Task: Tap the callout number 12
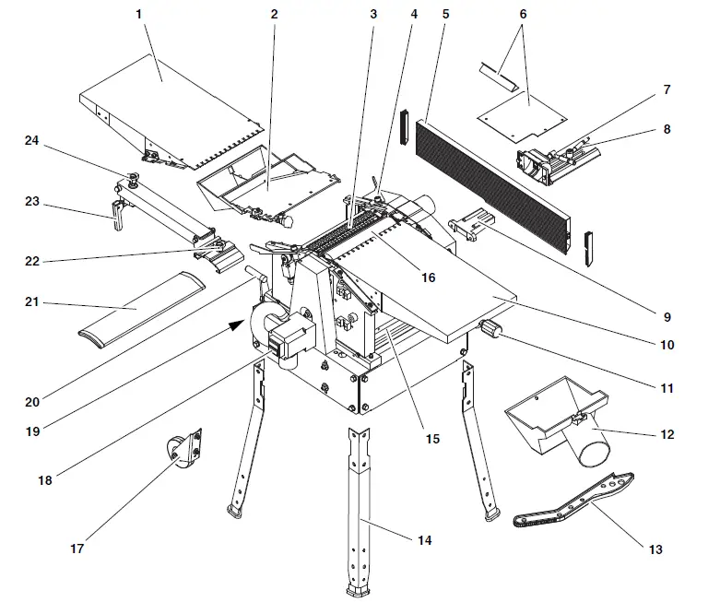tap(667, 433)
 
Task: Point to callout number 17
tap(77, 549)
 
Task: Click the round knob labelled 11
tap(489, 329)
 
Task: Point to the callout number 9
tap(667, 316)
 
